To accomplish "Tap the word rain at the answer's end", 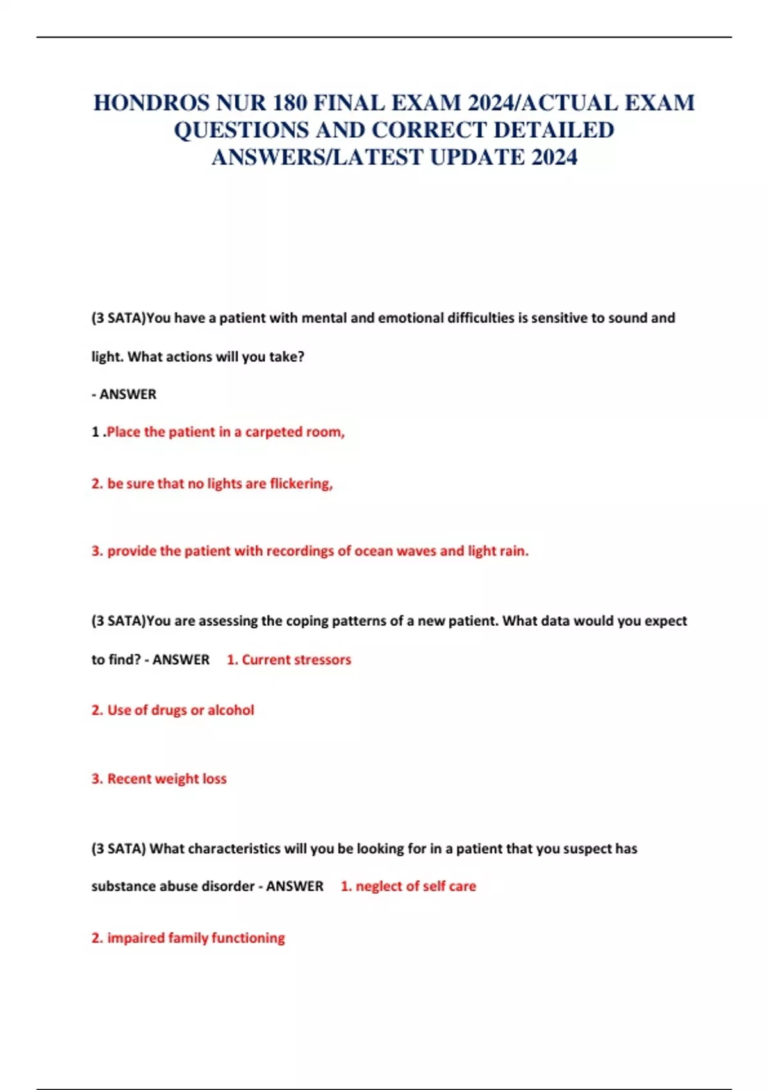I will [513, 551].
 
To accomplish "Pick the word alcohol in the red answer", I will [231, 710].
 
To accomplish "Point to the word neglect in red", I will [379, 887].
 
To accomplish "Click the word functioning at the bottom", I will [248, 938].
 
